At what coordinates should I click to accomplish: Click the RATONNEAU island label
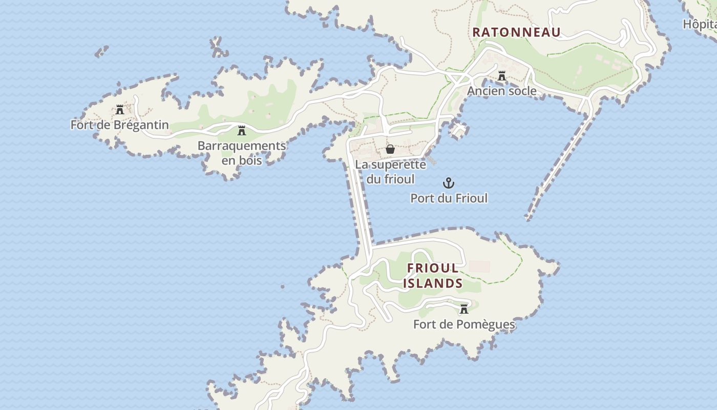click(516, 32)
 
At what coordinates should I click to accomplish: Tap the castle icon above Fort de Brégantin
click(120, 109)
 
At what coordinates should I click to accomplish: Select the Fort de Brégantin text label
click(119, 125)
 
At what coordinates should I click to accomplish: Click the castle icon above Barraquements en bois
click(242, 130)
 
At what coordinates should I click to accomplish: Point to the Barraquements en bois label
click(242, 153)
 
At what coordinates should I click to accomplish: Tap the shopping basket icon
click(390, 149)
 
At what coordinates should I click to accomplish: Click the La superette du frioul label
click(390, 172)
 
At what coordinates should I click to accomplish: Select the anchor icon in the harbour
click(449, 183)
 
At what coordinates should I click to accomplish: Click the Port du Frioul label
click(449, 198)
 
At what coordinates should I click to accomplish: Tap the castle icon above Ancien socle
click(502, 76)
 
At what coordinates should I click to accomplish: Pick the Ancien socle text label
click(502, 91)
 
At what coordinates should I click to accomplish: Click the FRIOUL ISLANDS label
click(433, 276)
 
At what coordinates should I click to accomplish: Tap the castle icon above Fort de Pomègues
click(464, 309)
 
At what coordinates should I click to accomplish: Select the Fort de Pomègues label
click(464, 324)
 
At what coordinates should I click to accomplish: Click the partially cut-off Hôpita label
click(700, 24)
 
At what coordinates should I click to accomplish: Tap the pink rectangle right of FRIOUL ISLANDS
click(479, 266)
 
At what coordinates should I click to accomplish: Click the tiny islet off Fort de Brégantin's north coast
click(102, 51)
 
